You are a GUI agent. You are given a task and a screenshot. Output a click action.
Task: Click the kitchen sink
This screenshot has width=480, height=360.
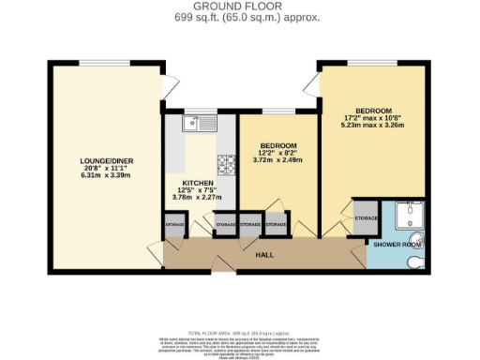pyautogui.click(x=201, y=122)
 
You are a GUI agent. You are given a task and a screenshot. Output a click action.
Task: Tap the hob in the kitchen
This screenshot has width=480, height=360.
pyautogui.click(x=227, y=166)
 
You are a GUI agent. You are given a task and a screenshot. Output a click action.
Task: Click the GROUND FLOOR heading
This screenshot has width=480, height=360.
pyautogui.click(x=234, y=7)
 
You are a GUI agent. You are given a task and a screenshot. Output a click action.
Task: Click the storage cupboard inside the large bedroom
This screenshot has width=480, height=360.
pyautogui.click(x=367, y=218)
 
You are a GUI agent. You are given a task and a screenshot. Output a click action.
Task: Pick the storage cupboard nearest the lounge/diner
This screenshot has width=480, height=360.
pyautogui.click(x=175, y=226)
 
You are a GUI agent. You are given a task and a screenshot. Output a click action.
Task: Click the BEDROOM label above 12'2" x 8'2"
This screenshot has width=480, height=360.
pyautogui.click(x=278, y=145)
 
